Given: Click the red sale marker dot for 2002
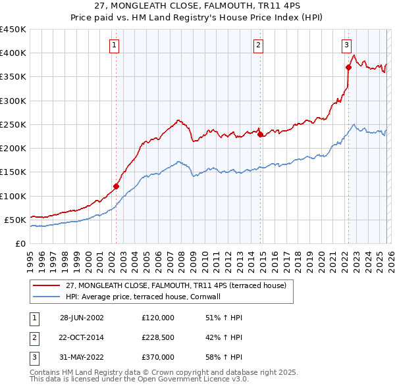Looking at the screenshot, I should click(x=117, y=186).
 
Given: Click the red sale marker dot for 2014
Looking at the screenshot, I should click(x=260, y=135).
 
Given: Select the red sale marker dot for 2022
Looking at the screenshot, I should click(x=348, y=67).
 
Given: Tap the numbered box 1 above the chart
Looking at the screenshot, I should click(x=115, y=45).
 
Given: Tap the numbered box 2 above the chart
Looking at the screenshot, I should click(x=258, y=45).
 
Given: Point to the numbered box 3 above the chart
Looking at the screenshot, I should click(x=346, y=45).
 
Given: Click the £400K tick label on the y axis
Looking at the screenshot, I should click(x=13, y=53).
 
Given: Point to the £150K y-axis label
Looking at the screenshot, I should click(x=13, y=172).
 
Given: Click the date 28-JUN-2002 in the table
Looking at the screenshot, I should click(x=82, y=318).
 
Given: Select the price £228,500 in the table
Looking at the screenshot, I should click(x=158, y=337).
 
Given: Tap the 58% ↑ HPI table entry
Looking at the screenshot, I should click(x=224, y=357).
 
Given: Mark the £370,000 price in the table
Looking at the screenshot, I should click(x=158, y=357).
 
